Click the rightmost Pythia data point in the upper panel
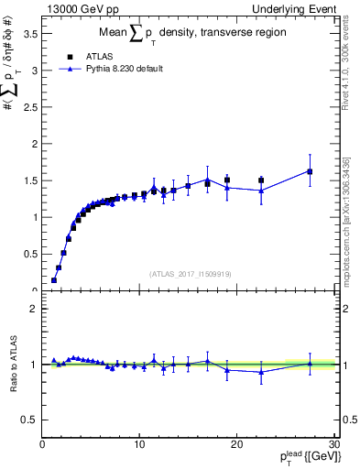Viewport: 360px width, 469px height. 310,171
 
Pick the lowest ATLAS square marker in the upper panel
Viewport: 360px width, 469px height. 54,280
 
